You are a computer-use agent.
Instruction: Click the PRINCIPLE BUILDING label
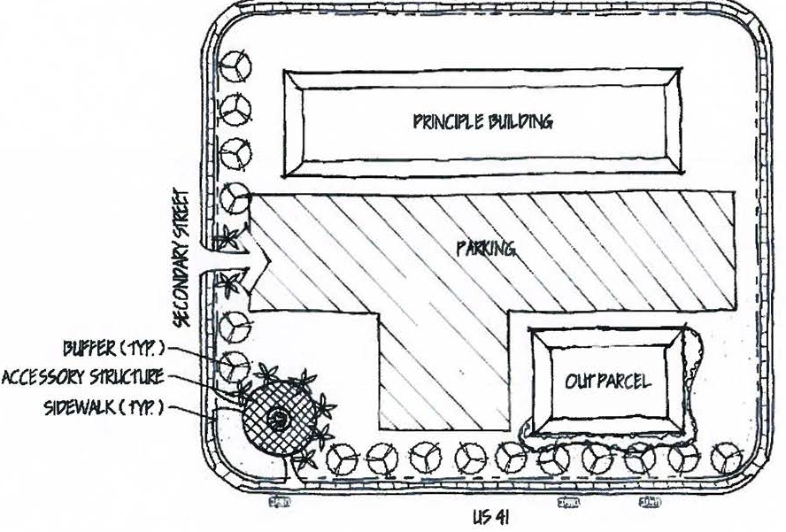click(482, 121)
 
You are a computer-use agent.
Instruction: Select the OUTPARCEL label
click(608, 382)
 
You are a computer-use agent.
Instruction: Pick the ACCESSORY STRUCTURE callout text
click(82, 377)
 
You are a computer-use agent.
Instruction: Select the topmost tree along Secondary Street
click(236, 66)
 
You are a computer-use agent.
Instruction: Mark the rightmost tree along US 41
click(728, 457)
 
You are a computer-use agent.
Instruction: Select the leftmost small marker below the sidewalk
click(281, 502)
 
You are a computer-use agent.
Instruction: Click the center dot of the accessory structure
click(280, 419)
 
